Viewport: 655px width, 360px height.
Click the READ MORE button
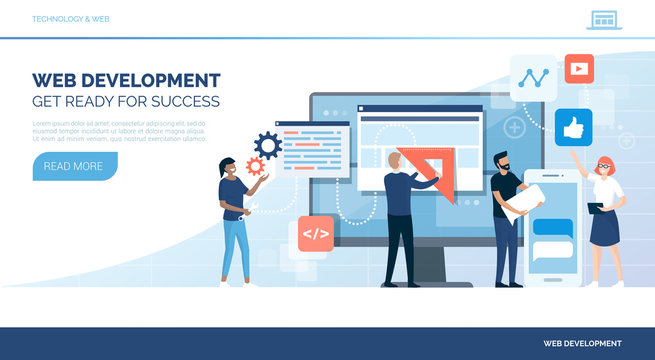74,166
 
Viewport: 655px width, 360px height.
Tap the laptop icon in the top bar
603,19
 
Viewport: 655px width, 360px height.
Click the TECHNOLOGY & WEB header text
71,19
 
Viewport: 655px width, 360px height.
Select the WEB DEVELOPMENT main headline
126,80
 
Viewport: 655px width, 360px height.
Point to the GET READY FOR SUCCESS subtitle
126,102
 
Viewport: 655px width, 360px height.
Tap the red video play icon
578,69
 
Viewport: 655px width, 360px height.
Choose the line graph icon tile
533,77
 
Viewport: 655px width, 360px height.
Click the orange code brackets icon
316,234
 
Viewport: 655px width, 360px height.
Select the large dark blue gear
268,146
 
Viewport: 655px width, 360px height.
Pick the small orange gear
255,166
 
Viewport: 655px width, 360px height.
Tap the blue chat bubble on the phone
552,227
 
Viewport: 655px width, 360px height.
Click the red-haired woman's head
604,167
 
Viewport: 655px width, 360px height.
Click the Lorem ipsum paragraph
118,130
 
